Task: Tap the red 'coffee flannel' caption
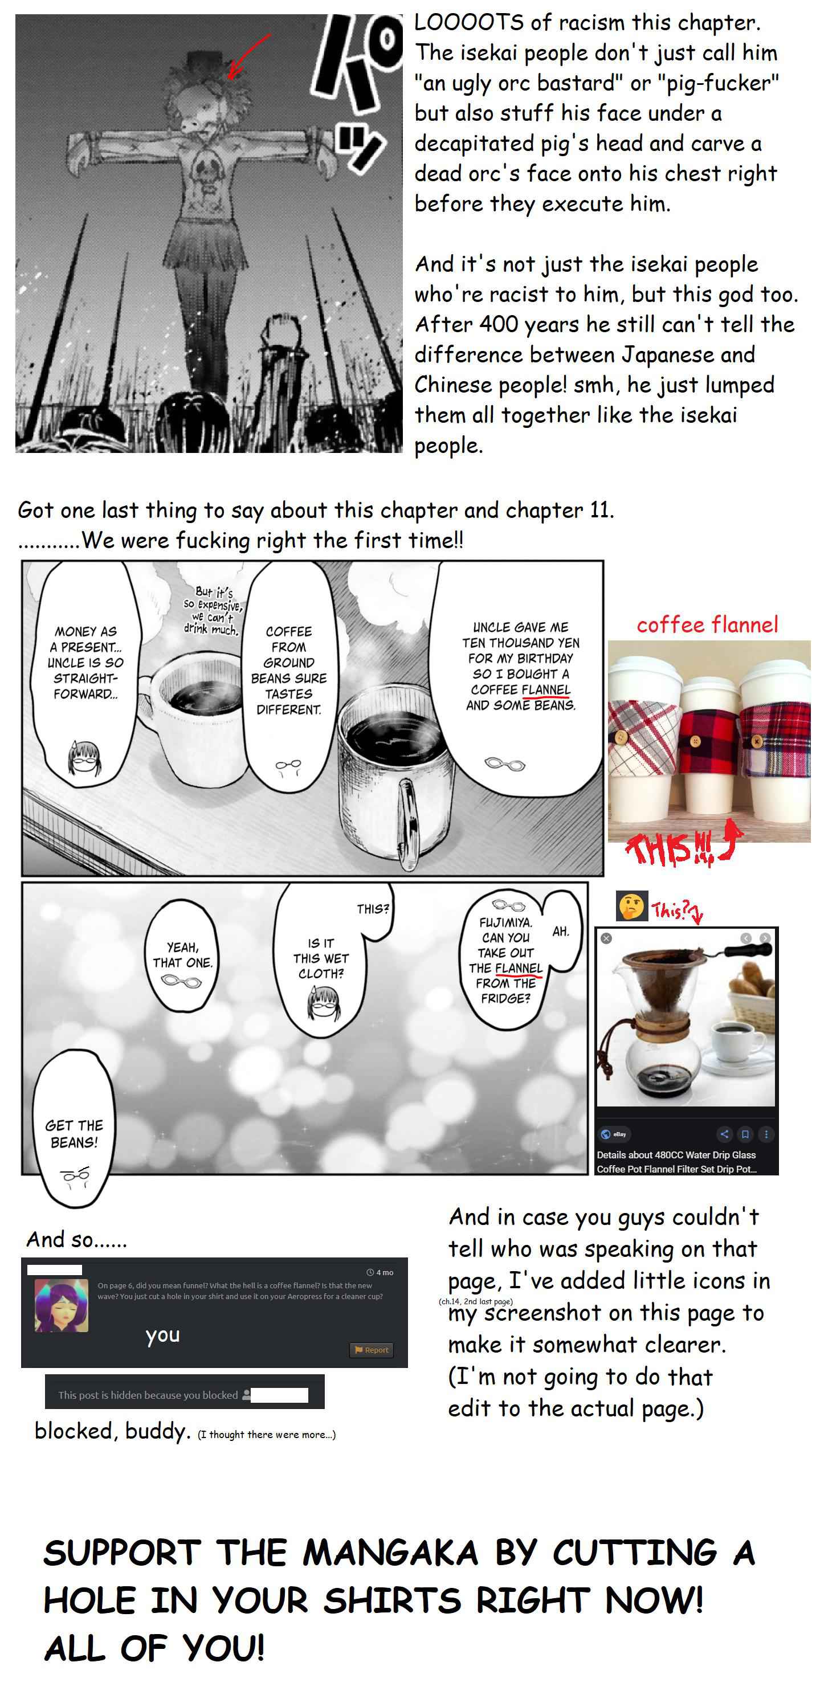pyautogui.click(x=707, y=624)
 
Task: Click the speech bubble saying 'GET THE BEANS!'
pyautogui.click(x=74, y=1134)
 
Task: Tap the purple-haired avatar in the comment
pyautogui.click(x=61, y=1306)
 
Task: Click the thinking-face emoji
pyautogui.click(x=632, y=906)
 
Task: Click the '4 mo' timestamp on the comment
pyautogui.click(x=380, y=1272)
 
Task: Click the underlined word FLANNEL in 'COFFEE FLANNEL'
pyautogui.click(x=545, y=690)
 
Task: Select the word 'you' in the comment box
pyautogui.click(x=162, y=1336)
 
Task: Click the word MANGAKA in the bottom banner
pyautogui.click(x=390, y=1553)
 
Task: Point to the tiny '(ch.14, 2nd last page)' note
pyautogui.click(x=475, y=1301)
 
